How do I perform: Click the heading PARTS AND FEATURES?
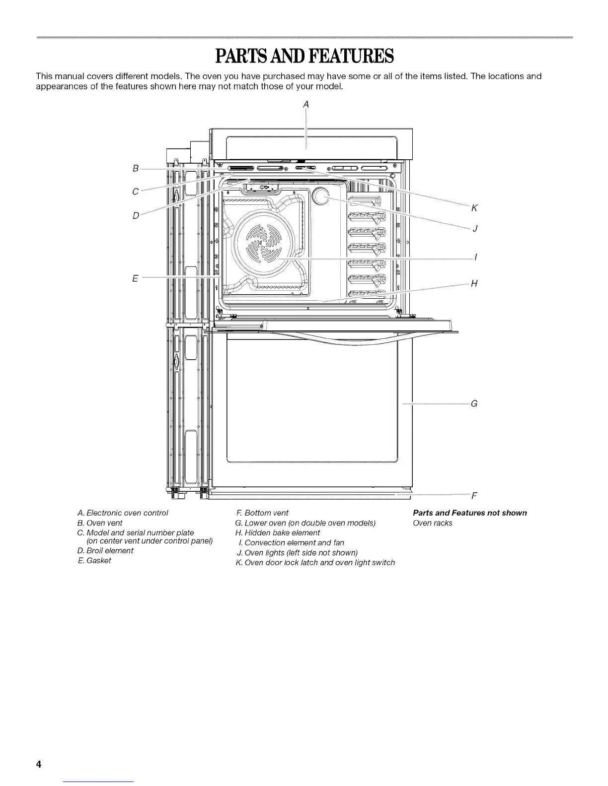tap(304, 57)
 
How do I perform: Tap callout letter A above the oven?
tap(306, 104)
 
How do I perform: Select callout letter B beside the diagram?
tap(135, 168)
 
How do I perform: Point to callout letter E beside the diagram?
tap(135, 278)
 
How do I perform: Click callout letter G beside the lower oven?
tap(474, 403)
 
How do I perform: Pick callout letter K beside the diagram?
tap(474, 208)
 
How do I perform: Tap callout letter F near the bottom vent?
tap(474, 495)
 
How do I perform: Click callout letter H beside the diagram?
tap(474, 283)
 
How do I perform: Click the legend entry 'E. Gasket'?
tap(94, 560)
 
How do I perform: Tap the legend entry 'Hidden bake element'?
tap(278, 532)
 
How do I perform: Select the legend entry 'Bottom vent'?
tap(261, 513)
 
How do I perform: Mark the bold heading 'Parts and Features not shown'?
tap(470, 513)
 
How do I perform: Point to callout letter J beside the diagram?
tap(475, 228)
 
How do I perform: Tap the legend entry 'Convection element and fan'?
tap(291, 542)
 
